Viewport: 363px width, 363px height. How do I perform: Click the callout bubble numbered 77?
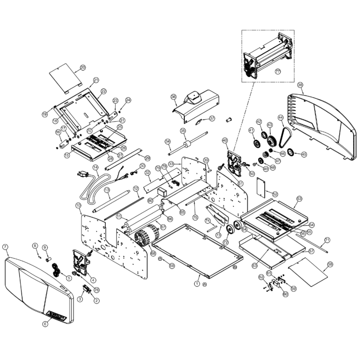click(x=278, y=72)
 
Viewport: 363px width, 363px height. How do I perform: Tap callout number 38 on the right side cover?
click(x=300, y=85)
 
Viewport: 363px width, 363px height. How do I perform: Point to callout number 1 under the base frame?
click(x=197, y=283)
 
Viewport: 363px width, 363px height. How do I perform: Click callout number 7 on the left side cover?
click(x=5, y=247)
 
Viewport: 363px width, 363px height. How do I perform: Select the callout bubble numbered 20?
click(x=82, y=68)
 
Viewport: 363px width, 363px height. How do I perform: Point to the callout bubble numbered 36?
click(x=174, y=97)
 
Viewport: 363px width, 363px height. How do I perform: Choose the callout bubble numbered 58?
click(x=330, y=264)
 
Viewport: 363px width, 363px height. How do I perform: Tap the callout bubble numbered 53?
click(x=299, y=199)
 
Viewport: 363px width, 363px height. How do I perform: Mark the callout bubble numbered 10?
click(x=78, y=205)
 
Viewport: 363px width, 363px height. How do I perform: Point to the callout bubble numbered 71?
click(x=327, y=240)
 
